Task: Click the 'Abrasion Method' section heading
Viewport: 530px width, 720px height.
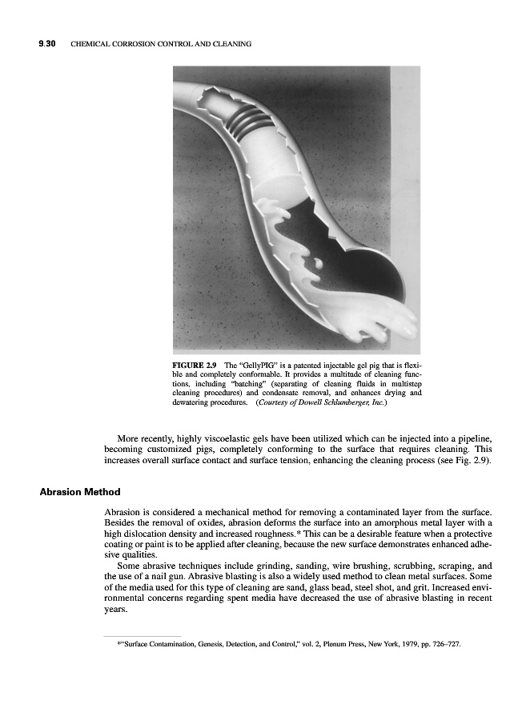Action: (80, 491)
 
